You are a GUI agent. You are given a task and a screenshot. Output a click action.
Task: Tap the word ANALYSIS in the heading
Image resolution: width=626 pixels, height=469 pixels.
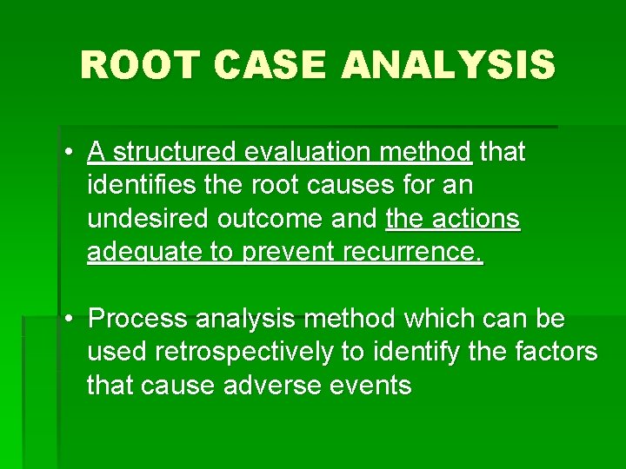click(447, 65)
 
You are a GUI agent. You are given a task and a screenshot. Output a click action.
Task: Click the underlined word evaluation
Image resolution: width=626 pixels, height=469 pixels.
click(310, 153)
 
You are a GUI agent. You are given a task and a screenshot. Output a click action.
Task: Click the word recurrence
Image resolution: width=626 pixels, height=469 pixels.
click(416, 253)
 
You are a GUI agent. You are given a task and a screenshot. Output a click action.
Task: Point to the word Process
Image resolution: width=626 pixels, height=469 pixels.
click(138, 320)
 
